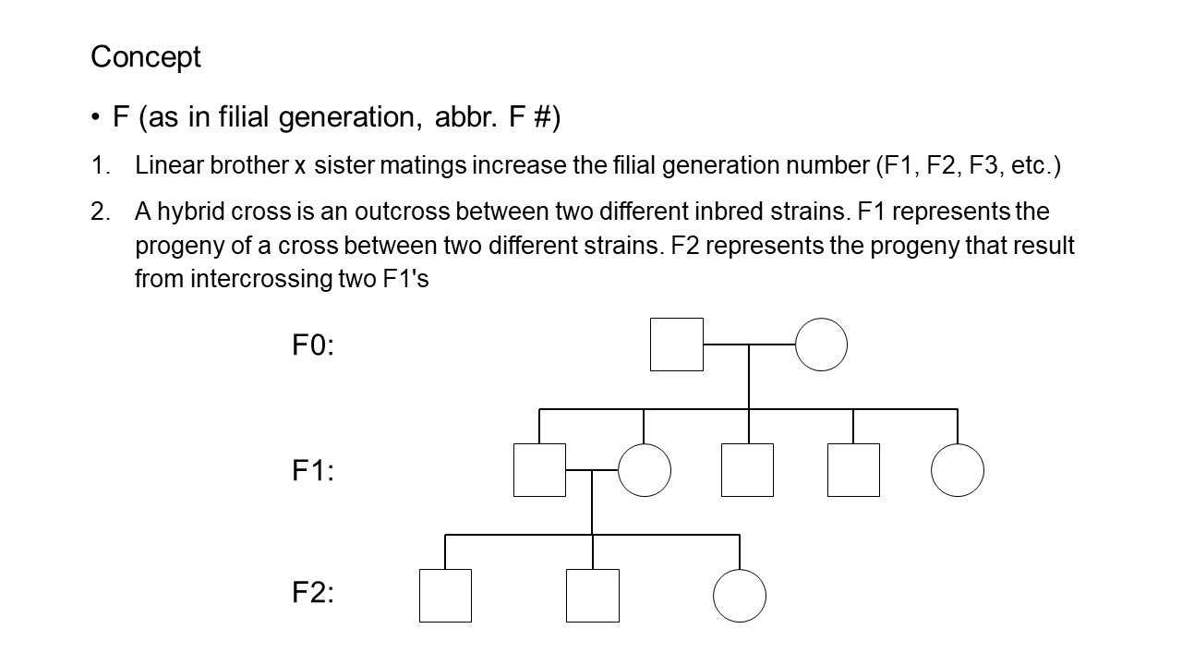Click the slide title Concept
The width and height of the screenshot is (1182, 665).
145,57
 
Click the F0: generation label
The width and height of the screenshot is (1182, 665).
313,345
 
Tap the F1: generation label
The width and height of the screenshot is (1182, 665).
313,471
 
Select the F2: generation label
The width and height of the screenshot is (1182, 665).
313,593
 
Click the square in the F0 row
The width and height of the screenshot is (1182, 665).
677,345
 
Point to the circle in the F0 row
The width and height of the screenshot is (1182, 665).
821,345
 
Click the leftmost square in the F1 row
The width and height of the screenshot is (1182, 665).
539,470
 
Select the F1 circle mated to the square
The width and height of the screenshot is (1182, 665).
645,470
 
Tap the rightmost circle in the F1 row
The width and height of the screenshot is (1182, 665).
958,470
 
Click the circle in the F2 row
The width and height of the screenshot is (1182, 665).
740,596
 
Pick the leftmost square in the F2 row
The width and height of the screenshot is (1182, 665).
445,596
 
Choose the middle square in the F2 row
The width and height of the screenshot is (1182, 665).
593,596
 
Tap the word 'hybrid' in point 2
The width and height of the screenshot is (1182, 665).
184,212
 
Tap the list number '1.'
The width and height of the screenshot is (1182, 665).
101,166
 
